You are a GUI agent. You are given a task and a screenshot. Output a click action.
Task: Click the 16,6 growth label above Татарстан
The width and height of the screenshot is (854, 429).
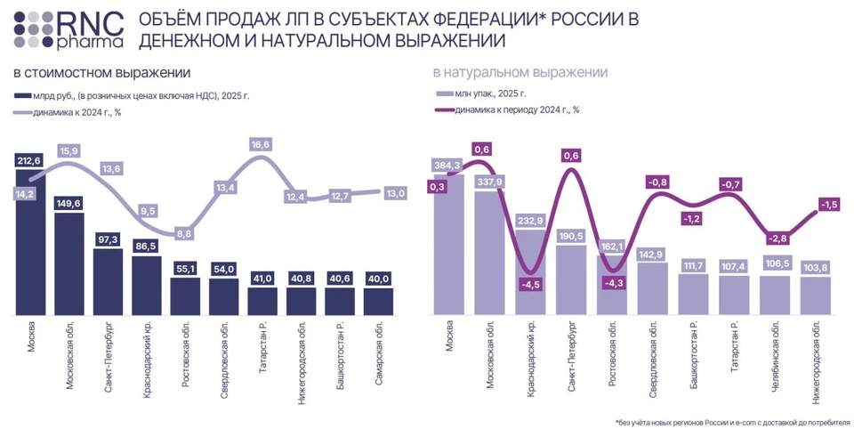tap(261, 144)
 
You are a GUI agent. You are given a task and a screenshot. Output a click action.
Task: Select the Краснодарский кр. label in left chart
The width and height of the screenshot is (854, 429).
tap(147, 357)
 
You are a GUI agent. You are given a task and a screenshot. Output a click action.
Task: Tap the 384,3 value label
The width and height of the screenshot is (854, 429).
tap(447, 166)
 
